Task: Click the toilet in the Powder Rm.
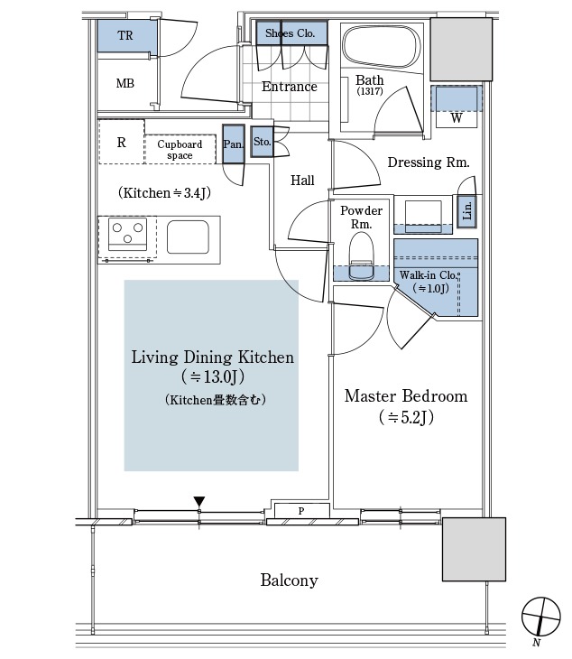361,256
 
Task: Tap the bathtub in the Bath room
382,46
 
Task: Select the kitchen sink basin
188,237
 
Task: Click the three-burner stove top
128,234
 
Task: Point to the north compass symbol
541,617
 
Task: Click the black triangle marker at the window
199,501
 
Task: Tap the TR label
125,35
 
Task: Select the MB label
125,83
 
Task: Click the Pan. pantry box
233,144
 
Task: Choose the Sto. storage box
262,142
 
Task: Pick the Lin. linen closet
466,211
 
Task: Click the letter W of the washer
457,118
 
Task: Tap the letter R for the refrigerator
122,143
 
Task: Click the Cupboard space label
180,150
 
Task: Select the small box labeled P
301,511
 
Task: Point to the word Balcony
289,580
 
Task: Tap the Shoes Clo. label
291,32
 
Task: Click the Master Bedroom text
406,396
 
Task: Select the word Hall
302,181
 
